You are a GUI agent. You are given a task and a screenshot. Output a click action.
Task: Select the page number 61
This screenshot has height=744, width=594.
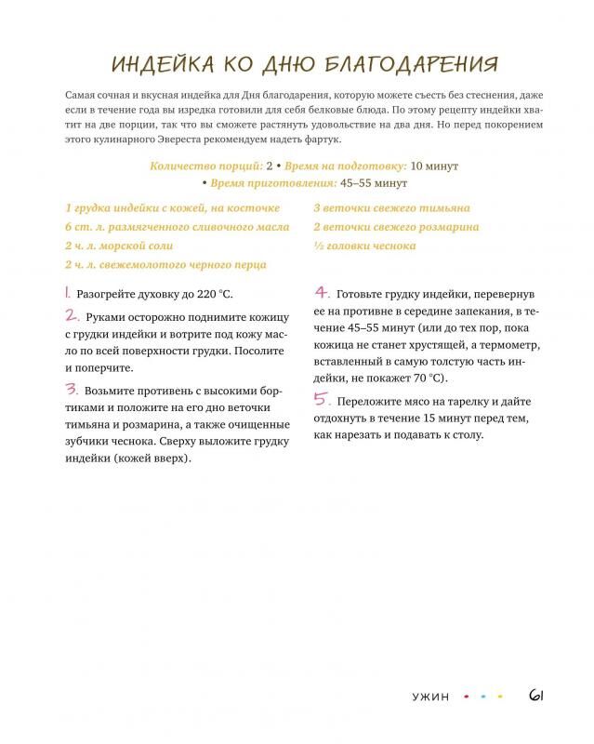pyautogui.click(x=536, y=695)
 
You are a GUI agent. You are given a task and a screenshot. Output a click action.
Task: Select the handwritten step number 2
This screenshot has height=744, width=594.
pyautogui.click(x=71, y=316)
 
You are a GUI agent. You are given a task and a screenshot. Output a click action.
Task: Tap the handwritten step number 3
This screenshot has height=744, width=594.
pyautogui.click(x=71, y=389)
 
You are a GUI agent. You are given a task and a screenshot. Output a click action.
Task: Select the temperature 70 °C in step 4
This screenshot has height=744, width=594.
pyautogui.click(x=426, y=378)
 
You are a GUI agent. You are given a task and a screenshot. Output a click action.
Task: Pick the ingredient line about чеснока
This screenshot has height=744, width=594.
pyautogui.click(x=364, y=246)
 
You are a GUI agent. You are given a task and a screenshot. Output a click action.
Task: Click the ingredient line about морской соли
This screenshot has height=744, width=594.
pyautogui.click(x=119, y=246)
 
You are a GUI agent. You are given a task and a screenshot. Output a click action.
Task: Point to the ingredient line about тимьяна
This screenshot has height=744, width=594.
pyautogui.click(x=390, y=208)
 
